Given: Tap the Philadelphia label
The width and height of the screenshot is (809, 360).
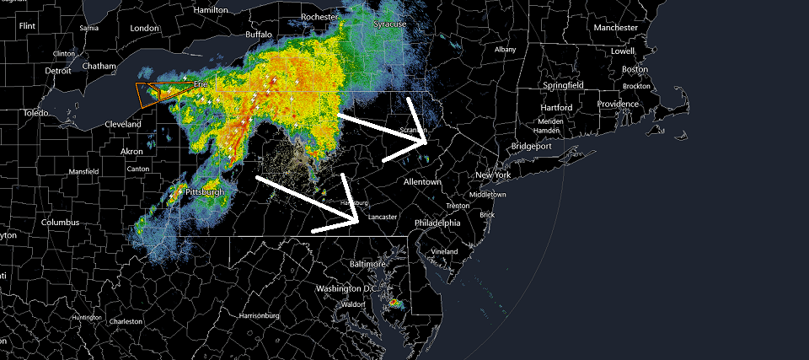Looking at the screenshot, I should pyautogui.click(x=437, y=223).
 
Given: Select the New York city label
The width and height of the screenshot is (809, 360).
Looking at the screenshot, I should pyautogui.click(x=493, y=175).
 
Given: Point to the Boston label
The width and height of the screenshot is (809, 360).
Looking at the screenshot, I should pyautogui.click(x=635, y=69).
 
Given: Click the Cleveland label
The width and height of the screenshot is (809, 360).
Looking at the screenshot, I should pyautogui.click(x=123, y=124).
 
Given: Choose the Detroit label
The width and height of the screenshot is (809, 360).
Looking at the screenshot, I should pyautogui.click(x=58, y=71).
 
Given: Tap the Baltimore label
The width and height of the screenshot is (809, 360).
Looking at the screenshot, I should pyautogui.click(x=367, y=264).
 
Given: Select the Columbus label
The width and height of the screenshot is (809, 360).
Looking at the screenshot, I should pyautogui.click(x=61, y=223).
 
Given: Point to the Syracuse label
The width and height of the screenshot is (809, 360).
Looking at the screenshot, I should pyautogui.click(x=390, y=24).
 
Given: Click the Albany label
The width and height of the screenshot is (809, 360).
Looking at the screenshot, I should pyautogui.click(x=505, y=50).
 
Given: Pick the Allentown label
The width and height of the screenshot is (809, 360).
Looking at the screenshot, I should pyautogui.click(x=422, y=182).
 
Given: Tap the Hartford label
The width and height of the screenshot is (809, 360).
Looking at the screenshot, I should pyautogui.click(x=556, y=108).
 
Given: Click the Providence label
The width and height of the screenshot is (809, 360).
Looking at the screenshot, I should pyautogui.click(x=619, y=104).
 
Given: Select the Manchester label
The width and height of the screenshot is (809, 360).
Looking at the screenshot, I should pyautogui.click(x=615, y=28).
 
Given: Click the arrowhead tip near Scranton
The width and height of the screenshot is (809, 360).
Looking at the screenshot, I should pyautogui.click(x=427, y=143).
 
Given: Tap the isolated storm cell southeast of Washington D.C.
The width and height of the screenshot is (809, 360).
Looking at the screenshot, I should pyautogui.click(x=396, y=302).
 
